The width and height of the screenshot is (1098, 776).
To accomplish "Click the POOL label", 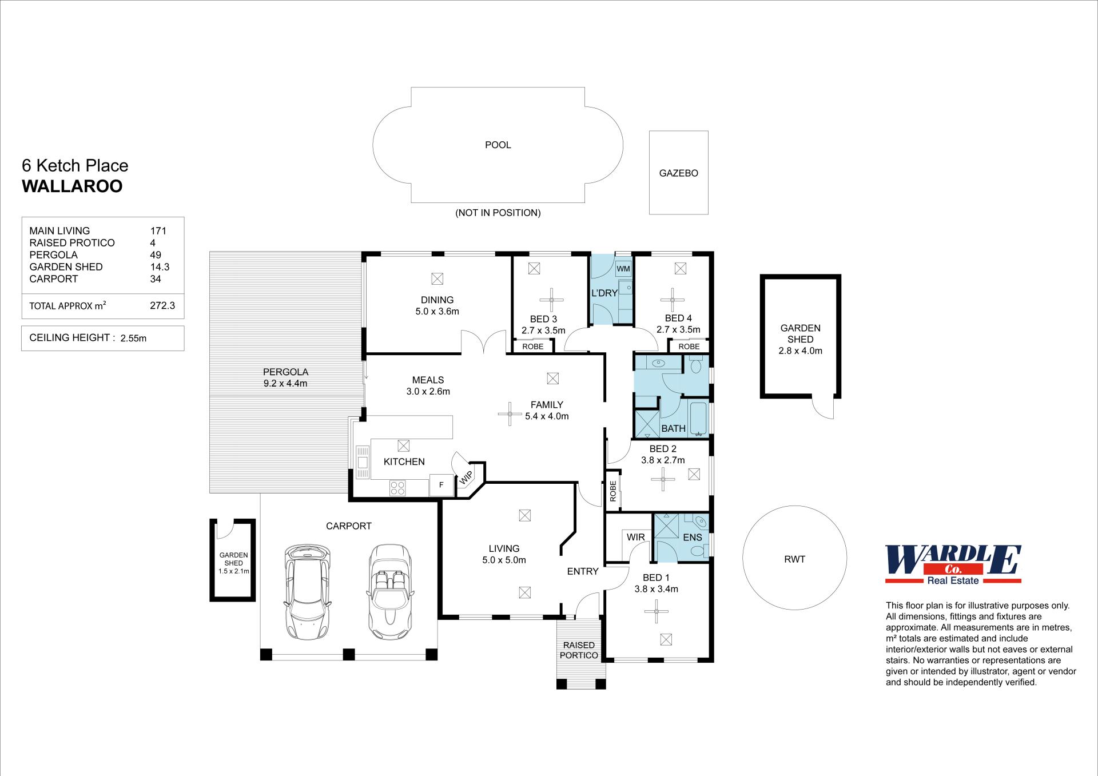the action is click(498, 145).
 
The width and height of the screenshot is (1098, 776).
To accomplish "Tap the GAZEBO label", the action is click(678, 173).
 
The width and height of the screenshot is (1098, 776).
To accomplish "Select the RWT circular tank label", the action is click(794, 559).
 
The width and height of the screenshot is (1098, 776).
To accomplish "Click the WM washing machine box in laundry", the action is click(623, 268).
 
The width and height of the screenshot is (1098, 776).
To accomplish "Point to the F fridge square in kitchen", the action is click(441, 484).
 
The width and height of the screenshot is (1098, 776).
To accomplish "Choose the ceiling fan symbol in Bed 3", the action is click(552, 300).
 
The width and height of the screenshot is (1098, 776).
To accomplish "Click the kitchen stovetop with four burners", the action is click(397, 488).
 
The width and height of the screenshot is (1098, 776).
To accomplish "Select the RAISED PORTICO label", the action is click(579, 650).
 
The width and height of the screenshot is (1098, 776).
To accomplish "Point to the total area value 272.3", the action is click(162, 305).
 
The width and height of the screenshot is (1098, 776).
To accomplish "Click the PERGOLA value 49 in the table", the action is click(156, 255).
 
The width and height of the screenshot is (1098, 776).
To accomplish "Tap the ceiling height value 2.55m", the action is click(133, 338).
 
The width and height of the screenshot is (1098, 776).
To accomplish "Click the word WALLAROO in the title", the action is click(72, 186).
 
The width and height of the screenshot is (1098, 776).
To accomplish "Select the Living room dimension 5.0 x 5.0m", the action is click(504, 560).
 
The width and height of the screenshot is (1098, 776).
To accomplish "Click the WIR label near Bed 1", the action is click(636, 537).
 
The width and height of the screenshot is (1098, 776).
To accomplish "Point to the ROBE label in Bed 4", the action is click(689, 347).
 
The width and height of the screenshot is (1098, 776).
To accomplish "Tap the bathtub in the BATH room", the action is click(699, 419).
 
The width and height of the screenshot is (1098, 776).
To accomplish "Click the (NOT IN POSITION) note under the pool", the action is click(498, 213).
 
